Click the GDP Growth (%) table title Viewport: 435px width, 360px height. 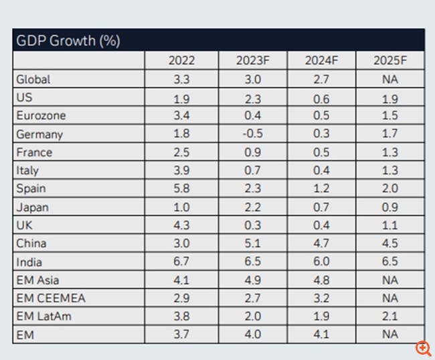pyautogui.click(x=68, y=40)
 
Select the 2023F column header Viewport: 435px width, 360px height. pyautogui.click(x=252, y=60)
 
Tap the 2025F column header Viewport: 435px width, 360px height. pyautogui.click(x=389, y=60)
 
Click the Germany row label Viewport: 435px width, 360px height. pyautogui.click(x=39, y=134)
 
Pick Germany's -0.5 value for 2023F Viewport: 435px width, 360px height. pyautogui.click(x=252, y=134)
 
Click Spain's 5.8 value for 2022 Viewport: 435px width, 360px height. pyautogui.click(x=181, y=189)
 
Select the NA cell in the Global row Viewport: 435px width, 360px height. pyautogui.click(x=389, y=79)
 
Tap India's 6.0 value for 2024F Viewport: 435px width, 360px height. pyautogui.click(x=321, y=262)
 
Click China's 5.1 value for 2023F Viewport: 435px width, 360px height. pyautogui.click(x=252, y=244)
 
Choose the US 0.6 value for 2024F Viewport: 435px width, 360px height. pyautogui.click(x=321, y=98)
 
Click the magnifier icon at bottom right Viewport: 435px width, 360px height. pyautogui.click(x=423, y=347)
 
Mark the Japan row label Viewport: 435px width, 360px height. pyautogui.click(x=33, y=207)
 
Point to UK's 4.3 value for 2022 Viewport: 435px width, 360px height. pyautogui.click(x=181, y=225)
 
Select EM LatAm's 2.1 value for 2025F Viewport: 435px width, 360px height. pyautogui.click(x=389, y=317)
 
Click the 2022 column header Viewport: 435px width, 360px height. pyautogui.click(x=181, y=60)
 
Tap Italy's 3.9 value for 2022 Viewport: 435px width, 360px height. pyautogui.click(x=181, y=171)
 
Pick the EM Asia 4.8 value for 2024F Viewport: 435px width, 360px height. pyautogui.click(x=321, y=280)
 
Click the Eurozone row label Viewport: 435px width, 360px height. pyautogui.click(x=41, y=116)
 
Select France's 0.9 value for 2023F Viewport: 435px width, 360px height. pyautogui.click(x=252, y=152)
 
